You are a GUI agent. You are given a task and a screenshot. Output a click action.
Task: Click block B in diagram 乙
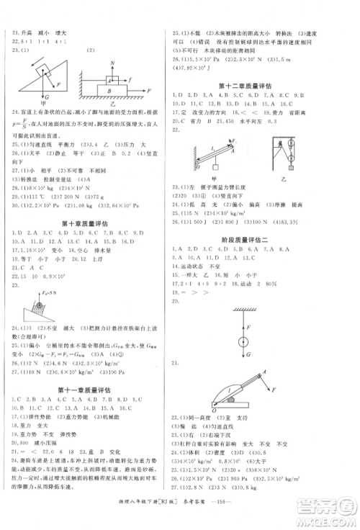[x=112, y=91]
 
